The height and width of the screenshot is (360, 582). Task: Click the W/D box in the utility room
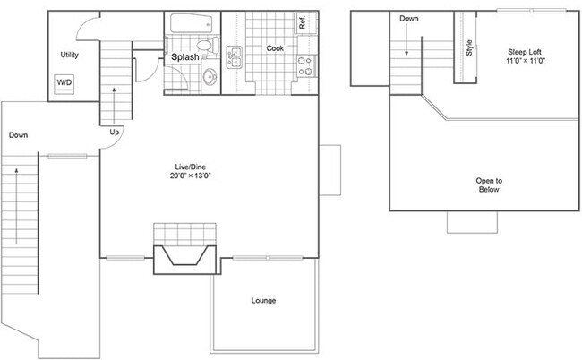pyautogui.click(x=65, y=83)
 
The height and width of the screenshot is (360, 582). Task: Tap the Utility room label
pyautogui.click(x=70, y=56)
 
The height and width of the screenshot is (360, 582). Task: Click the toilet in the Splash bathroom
pyautogui.click(x=204, y=45)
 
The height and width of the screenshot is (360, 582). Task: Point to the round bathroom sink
pyautogui.click(x=210, y=77)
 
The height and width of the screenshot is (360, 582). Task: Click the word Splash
pyautogui.click(x=185, y=57)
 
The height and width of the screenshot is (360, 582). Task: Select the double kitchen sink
pyautogui.click(x=235, y=57)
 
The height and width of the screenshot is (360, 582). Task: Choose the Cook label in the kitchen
pyautogui.click(x=275, y=48)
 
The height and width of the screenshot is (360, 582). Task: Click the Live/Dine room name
pyautogui.click(x=192, y=167)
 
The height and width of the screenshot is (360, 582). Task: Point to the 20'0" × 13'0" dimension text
pyautogui.click(x=192, y=176)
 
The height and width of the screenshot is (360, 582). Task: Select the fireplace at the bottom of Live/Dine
pyautogui.click(x=185, y=255)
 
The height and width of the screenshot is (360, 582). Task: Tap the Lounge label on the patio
pyautogui.click(x=263, y=300)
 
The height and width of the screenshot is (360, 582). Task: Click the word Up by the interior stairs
pyautogui.click(x=114, y=133)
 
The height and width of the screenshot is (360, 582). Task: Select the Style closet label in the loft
pyautogui.click(x=468, y=47)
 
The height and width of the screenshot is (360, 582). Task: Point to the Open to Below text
pyautogui.click(x=489, y=185)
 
